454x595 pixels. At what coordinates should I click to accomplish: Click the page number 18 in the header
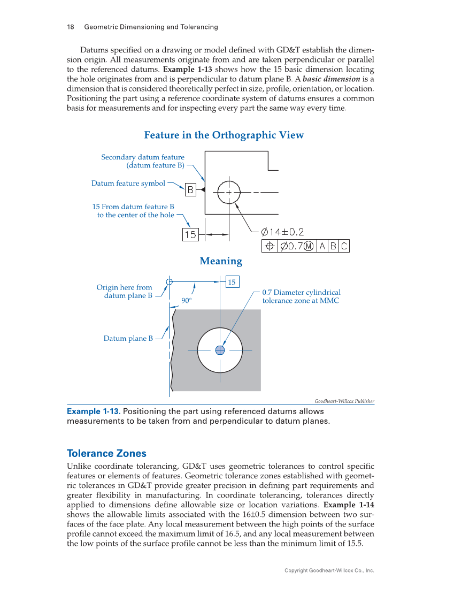point(70,27)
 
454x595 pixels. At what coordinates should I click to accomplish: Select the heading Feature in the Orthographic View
point(224,135)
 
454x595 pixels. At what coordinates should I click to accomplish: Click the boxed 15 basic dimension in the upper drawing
point(190,234)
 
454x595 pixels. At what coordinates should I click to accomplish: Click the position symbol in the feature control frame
point(270,246)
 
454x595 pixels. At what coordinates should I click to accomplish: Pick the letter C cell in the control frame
point(344,246)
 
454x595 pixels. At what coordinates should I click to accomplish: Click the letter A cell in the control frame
point(322,246)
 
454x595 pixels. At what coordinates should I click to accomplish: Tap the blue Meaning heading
point(221,261)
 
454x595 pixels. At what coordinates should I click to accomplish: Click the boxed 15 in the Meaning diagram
point(232,282)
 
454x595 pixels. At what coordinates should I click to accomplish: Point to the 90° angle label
point(186,301)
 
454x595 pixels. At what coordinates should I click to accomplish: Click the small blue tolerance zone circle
point(220,350)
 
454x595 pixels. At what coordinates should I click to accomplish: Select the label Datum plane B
point(128,338)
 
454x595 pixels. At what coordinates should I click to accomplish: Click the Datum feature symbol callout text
point(128,184)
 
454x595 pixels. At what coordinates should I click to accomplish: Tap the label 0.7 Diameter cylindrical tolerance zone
point(301,296)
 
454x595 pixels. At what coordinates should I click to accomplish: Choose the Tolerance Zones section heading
point(106,453)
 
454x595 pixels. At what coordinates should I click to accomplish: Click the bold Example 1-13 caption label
point(93,411)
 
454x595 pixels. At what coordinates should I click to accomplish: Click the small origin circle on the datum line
point(170,281)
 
